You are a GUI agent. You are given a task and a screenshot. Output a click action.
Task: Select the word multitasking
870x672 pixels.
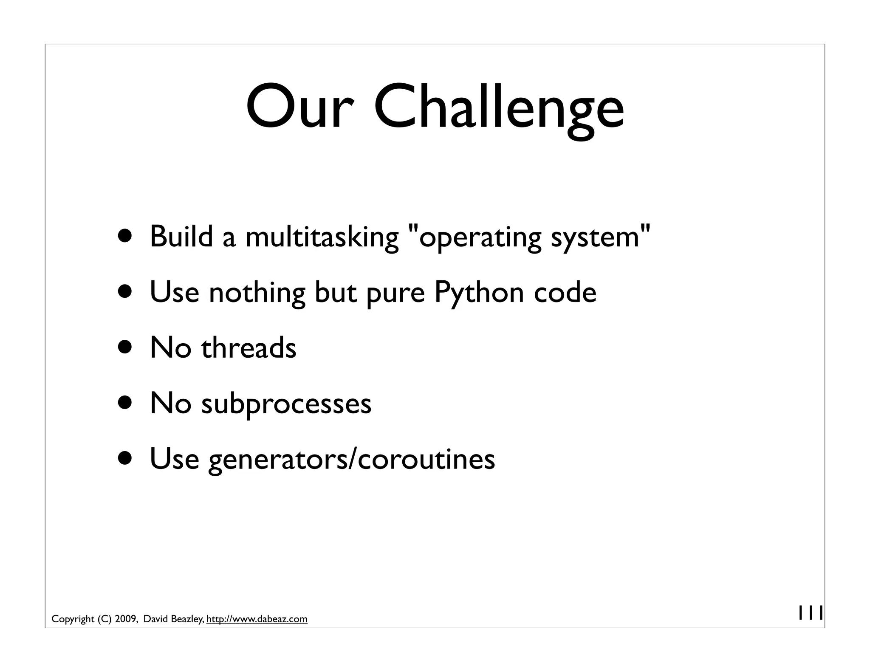tap(322, 237)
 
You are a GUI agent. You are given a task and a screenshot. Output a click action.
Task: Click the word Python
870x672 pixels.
tap(479, 293)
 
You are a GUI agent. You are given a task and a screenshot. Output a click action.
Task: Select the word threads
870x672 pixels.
tap(249, 347)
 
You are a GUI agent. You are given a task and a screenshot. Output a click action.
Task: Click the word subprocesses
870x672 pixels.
tap(286, 404)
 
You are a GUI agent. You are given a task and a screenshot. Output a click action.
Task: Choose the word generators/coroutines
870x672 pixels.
tap(351, 459)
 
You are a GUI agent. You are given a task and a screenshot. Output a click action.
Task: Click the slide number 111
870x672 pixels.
tap(811, 613)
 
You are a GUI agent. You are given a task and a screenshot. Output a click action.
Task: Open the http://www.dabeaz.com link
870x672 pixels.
tap(257, 619)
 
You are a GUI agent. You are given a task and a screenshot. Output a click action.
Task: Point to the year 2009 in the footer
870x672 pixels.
tap(125, 619)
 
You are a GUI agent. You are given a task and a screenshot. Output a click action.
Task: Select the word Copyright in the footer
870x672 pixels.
tap(73, 619)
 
